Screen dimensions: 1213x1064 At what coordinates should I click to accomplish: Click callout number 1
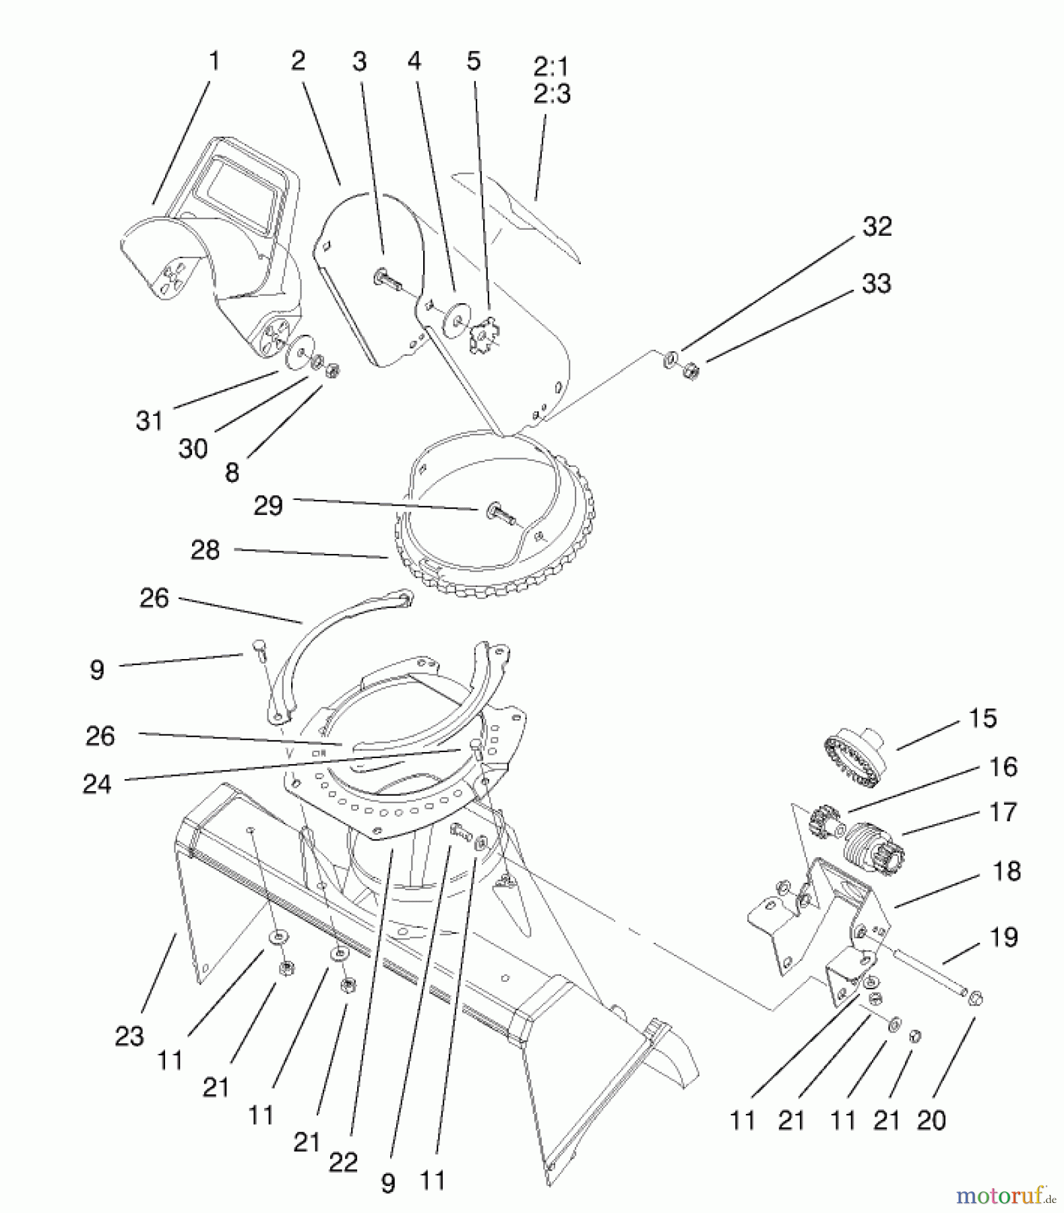[x=214, y=61]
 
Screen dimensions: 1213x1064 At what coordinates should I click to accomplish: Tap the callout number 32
[x=877, y=226]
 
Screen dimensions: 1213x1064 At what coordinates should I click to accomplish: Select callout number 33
[x=876, y=284]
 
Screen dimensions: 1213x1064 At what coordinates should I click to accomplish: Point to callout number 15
[x=982, y=718]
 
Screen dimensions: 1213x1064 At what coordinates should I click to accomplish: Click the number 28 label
[x=205, y=550]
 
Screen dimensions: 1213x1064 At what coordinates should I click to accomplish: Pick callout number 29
[x=268, y=505]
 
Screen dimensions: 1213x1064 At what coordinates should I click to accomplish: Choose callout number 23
[x=129, y=1036]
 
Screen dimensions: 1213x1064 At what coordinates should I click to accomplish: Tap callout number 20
[x=931, y=1120]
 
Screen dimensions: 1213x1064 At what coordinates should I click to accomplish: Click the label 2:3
[x=552, y=94]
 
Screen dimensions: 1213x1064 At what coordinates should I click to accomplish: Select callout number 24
[x=96, y=784]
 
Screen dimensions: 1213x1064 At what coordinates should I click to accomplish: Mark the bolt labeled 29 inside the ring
[x=499, y=514]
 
